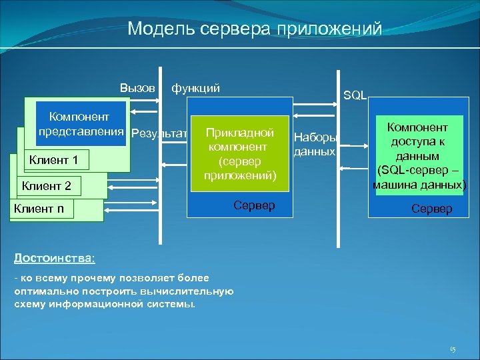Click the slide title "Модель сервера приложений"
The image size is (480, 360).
pos(255,29)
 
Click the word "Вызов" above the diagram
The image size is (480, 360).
pos(137,87)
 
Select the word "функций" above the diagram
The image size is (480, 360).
pos(195,87)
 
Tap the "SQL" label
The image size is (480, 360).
pos(355,95)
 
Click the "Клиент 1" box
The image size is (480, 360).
pos(54,160)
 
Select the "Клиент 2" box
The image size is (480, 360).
pos(47,185)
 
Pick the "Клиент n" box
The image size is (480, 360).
pos(39,209)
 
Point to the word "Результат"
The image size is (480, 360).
pos(159,133)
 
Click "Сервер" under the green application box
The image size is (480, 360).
pos(254,205)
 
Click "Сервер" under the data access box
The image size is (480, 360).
pos(431,209)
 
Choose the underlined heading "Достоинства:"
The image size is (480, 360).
pos(55,257)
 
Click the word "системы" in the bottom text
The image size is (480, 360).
pos(173,304)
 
